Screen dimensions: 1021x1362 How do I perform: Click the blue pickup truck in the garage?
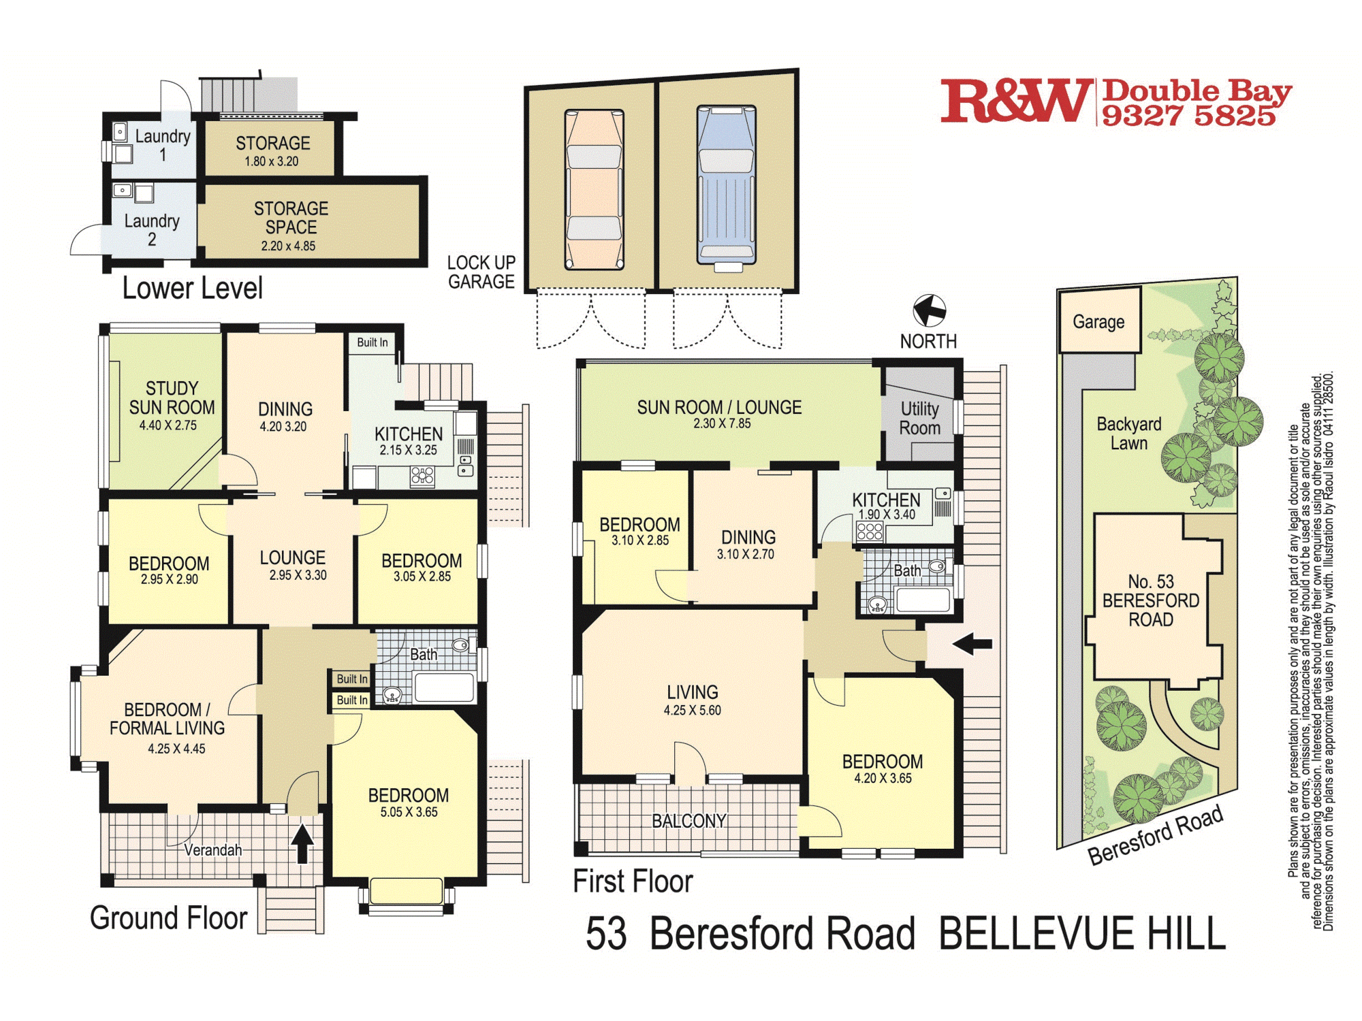[x=726, y=185]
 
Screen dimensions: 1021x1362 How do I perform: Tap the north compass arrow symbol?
[x=929, y=311]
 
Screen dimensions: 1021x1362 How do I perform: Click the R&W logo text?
[x=1015, y=101]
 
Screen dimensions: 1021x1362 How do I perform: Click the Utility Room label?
[x=919, y=418]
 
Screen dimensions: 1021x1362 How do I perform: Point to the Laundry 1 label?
[x=162, y=144]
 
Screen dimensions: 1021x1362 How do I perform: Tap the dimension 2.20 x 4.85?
[x=288, y=246]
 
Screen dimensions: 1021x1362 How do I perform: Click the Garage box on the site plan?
[x=1098, y=321]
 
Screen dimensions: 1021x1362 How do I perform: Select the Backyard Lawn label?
[x=1128, y=433]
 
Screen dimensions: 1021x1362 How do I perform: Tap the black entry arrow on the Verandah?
[x=302, y=844]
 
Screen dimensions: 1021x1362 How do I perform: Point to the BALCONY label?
[x=688, y=821]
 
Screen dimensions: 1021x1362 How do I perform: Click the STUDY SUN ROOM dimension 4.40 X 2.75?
[x=168, y=425]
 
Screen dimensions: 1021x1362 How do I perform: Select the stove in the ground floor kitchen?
[x=422, y=476]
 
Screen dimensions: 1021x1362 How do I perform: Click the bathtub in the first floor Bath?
[x=923, y=600]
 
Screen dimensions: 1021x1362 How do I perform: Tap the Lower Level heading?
[x=192, y=289]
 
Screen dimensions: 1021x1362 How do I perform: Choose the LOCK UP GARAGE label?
[x=481, y=272]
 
